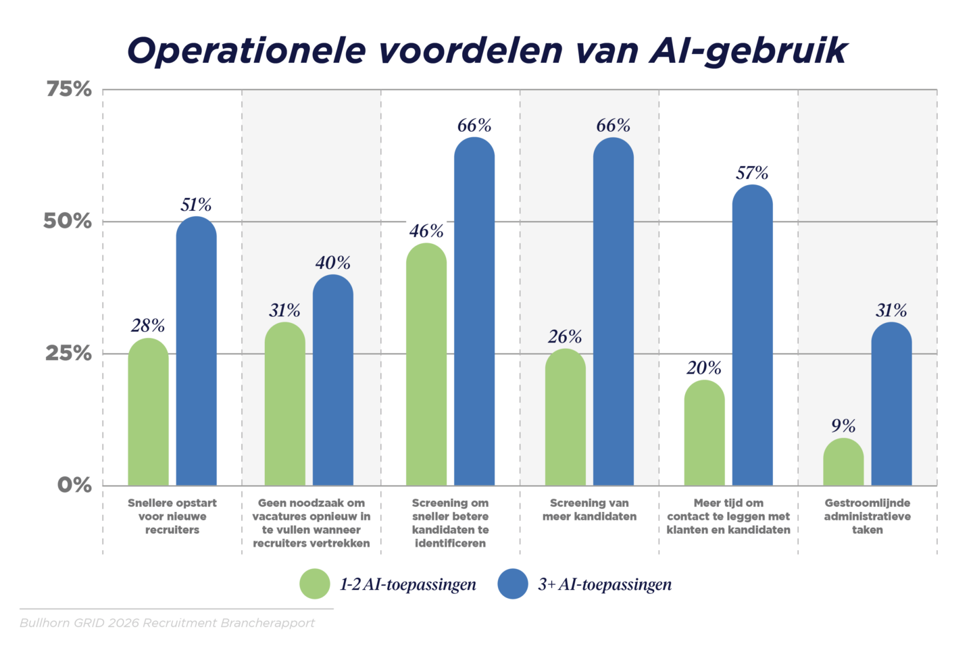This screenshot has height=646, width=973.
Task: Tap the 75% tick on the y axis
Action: click(x=68, y=89)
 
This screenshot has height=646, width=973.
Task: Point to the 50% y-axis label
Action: click(x=67, y=222)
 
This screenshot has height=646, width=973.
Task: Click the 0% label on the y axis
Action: click(x=74, y=485)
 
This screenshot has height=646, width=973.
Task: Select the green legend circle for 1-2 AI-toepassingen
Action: click(x=315, y=584)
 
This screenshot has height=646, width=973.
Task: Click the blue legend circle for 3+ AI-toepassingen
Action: click(x=512, y=584)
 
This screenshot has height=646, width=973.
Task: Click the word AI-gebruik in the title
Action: click(x=748, y=51)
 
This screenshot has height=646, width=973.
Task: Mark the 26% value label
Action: click(x=565, y=337)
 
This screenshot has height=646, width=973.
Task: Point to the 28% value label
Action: click(x=148, y=326)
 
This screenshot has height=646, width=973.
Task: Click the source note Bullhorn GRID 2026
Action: click(x=167, y=622)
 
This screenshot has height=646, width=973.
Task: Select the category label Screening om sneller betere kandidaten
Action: click(x=450, y=523)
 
